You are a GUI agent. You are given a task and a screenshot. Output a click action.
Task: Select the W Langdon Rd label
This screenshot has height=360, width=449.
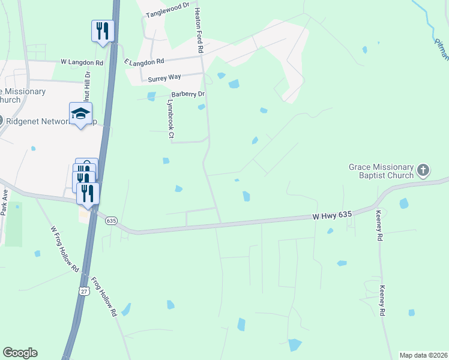click(82, 62)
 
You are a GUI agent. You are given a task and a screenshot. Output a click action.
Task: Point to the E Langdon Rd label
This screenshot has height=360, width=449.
click(144, 62)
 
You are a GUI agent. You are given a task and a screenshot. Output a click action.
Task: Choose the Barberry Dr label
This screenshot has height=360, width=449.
click(188, 94)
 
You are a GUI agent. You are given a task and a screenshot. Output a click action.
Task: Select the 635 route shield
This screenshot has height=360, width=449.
click(110, 221)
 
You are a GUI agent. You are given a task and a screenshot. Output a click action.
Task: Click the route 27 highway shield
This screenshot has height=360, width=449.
click(82, 291)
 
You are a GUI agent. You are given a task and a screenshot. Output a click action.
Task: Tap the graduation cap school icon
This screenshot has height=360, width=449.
click(81, 113)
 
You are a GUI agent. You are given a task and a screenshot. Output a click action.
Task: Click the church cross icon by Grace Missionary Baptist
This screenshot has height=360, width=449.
click(423, 170)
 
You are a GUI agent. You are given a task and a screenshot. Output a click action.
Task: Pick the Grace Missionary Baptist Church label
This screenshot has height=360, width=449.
click(381, 171)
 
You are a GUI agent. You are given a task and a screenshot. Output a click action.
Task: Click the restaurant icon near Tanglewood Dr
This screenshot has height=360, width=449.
click(103, 30)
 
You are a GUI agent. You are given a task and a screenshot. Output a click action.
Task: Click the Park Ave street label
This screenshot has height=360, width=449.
click(5, 203)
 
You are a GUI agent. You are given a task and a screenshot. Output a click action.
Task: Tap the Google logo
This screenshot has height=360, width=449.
click(20, 353)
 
